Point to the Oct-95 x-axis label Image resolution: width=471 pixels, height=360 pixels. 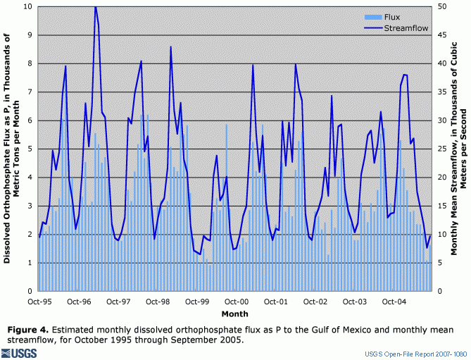pos(39,301)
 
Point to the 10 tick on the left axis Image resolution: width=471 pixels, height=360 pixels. pos(27,6)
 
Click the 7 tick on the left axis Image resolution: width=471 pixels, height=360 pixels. pos(30,92)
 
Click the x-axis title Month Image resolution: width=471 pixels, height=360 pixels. pos(234,312)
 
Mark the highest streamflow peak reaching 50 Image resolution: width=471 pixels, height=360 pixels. pos(95,7)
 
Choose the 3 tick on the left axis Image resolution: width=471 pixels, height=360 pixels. pos(30,206)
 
